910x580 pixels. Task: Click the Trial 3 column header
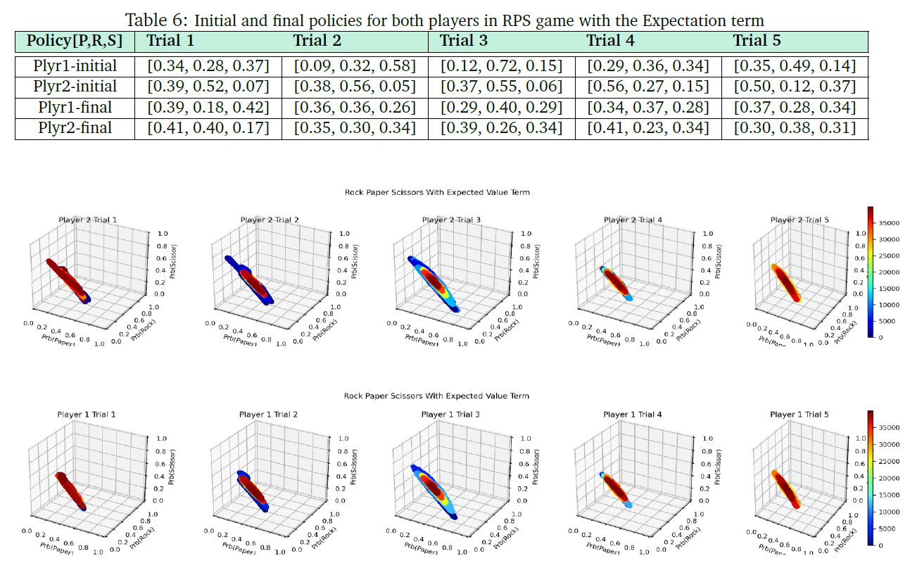(x=463, y=41)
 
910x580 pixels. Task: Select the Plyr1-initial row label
(x=75, y=67)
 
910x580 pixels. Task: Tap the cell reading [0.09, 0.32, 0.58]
(x=355, y=67)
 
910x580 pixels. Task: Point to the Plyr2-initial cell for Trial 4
(x=648, y=87)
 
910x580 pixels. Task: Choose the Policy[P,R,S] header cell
(x=75, y=41)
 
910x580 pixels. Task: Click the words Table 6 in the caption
(x=151, y=20)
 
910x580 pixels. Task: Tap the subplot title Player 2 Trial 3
(x=451, y=220)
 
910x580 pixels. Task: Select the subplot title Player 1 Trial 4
(x=633, y=415)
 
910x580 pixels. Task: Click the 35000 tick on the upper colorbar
(x=890, y=222)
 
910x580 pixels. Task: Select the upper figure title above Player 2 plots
(x=436, y=192)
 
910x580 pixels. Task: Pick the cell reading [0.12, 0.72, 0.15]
(x=501, y=67)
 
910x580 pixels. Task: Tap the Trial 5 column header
(x=757, y=41)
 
